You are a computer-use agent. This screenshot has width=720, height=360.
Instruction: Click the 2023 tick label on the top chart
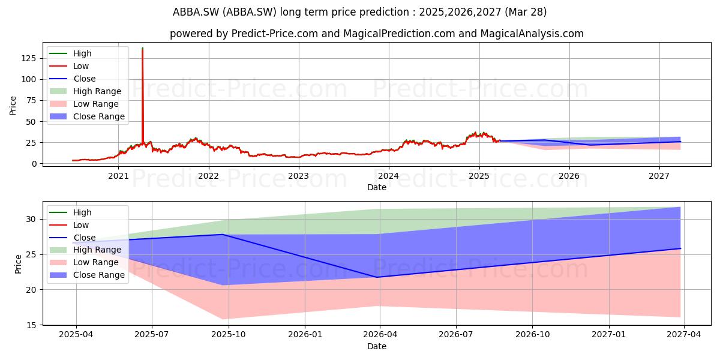[299, 176]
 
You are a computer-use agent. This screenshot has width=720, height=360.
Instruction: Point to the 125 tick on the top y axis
[29, 59]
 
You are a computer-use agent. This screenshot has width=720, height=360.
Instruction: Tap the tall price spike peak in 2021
[142, 48]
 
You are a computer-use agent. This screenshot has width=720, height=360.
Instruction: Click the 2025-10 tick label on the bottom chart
[229, 335]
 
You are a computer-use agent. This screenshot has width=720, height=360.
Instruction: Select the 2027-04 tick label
[683, 335]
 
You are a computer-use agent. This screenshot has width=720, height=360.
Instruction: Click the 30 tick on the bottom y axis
[31, 219]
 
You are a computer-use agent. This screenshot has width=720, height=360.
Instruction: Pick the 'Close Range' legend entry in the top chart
[87, 116]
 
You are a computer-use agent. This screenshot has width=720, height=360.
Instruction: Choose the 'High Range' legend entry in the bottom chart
[85, 250]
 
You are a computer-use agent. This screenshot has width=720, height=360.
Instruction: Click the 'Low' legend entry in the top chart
[69, 66]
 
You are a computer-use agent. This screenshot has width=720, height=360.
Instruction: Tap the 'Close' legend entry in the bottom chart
[73, 238]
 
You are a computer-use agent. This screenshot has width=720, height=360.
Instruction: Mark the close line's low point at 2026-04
[377, 277]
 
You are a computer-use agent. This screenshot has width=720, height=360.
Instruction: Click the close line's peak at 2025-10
[223, 235]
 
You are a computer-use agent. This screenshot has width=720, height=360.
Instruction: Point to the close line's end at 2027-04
[680, 248]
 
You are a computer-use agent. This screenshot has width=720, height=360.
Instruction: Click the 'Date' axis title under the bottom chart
[377, 347]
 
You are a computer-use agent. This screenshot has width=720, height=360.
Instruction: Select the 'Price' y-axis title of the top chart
[13, 106]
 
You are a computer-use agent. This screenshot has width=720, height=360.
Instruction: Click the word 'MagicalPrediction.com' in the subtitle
[399, 34]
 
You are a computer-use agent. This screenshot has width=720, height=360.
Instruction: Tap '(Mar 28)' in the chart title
[526, 12]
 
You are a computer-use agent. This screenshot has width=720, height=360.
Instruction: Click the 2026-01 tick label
[305, 335]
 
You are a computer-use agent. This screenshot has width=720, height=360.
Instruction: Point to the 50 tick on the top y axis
[31, 121]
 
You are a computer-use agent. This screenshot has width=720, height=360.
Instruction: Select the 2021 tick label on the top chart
[118, 176]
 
